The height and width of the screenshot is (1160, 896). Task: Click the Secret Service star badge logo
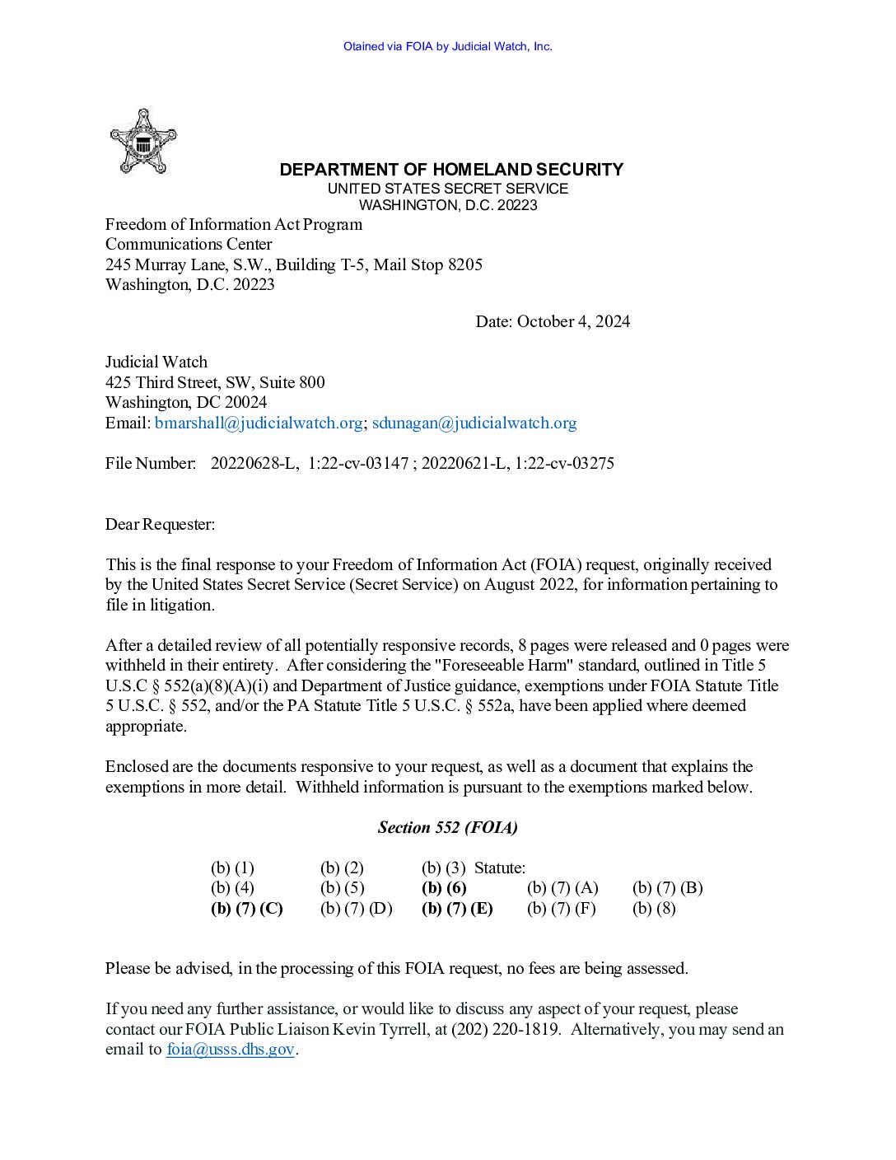click(x=143, y=142)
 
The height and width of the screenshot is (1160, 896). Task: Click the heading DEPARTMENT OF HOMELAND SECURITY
click(x=451, y=170)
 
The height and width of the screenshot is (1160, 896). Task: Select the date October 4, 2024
click(x=573, y=321)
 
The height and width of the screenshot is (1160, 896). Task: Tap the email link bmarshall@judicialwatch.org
click(x=259, y=423)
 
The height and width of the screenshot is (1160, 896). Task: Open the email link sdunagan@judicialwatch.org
click(x=474, y=423)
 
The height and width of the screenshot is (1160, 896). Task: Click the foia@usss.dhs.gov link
click(x=230, y=1049)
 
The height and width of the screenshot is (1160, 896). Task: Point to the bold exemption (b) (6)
click(x=444, y=887)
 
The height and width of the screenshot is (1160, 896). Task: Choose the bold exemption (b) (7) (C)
click(x=247, y=908)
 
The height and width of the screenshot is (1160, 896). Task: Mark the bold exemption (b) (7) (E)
click(x=457, y=908)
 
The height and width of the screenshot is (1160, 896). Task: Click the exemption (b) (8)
click(x=654, y=908)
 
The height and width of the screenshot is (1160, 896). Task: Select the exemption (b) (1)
click(x=232, y=868)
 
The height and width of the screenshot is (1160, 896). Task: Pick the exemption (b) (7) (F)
click(x=561, y=908)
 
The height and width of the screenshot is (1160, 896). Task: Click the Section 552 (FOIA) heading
click(x=448, y=827)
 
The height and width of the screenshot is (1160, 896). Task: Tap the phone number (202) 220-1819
click(x=505, y=1029)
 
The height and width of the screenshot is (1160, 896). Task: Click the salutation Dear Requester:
click(x=160, y=524)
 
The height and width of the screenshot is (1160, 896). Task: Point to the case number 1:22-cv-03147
click(x=358, y=463)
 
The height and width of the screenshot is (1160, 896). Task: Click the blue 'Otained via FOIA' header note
click(x=448, y=46)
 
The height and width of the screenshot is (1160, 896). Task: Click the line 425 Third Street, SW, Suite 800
click(x=215, y=382)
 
